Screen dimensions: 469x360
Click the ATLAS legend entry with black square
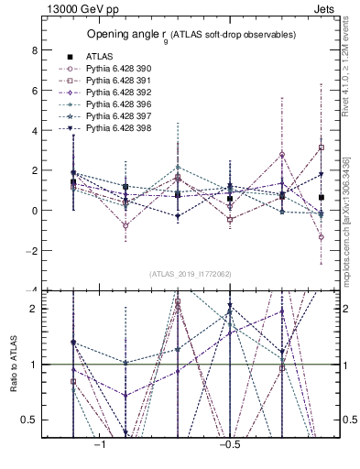[x=101, y=57]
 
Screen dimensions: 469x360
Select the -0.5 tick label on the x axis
[x=229, y=444]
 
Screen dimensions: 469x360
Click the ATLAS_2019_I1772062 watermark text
[x=191, y=274]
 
